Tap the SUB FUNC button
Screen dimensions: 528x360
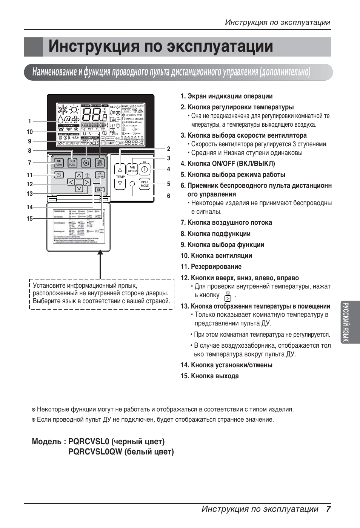(72, 163)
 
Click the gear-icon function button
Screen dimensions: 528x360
(86, 163)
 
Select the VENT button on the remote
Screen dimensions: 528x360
(100, 163)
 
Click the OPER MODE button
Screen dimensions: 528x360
(145, 183)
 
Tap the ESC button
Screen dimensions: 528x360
(100, 190)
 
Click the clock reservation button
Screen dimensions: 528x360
(59, 175)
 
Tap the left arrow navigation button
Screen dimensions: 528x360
(71, 182)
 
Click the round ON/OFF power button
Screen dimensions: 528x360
(145, 169)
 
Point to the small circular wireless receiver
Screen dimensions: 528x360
(132, 184)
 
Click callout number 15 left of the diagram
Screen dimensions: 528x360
(29, 218)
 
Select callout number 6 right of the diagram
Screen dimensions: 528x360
(169, 196)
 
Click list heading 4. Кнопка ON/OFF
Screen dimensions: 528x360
(228, 163)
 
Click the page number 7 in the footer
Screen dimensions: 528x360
(329, 509)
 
